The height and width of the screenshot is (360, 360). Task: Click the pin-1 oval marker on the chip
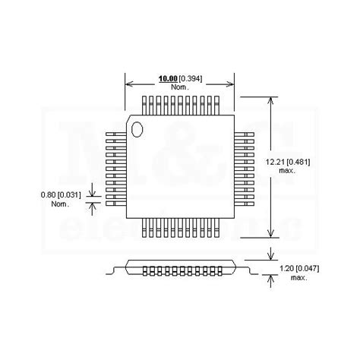coord(137,128)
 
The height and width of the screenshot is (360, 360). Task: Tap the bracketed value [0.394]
coord(194,78)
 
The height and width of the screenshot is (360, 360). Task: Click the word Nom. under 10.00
coord(180,87)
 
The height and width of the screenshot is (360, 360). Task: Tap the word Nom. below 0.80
coord(60,204)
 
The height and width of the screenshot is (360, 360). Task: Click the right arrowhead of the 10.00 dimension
coord(232,83)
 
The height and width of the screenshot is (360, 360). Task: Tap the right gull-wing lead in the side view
coord(245,268)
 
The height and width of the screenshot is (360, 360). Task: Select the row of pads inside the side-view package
coord(180,270)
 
